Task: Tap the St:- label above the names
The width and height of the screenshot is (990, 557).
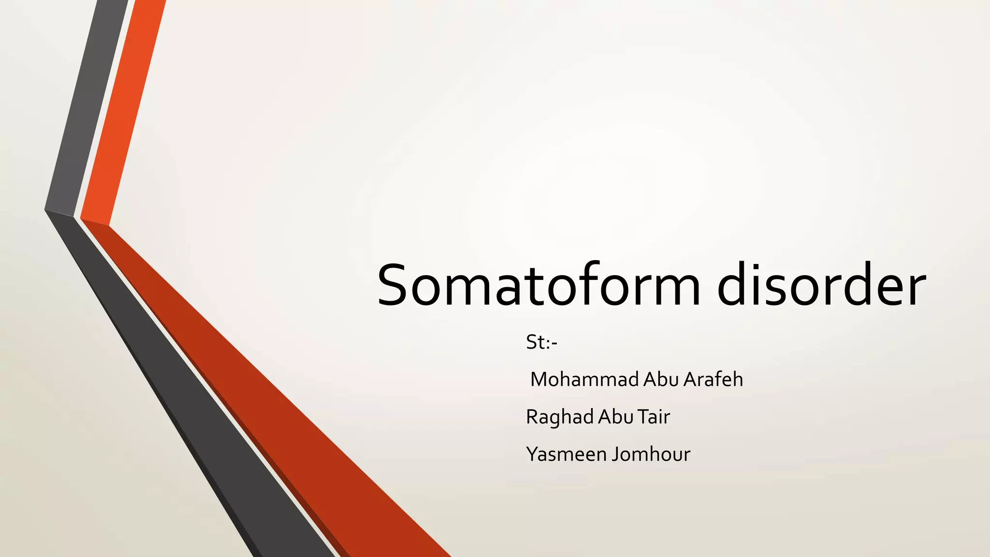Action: (541, 342)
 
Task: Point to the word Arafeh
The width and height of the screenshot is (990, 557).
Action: (713, 380)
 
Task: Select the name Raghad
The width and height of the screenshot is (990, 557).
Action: (560, 417)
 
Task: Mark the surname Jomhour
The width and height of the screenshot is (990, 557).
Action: (651, 454)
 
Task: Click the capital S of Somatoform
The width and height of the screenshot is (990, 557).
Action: (395, 285)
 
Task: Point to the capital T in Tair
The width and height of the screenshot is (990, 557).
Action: (642, 417)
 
